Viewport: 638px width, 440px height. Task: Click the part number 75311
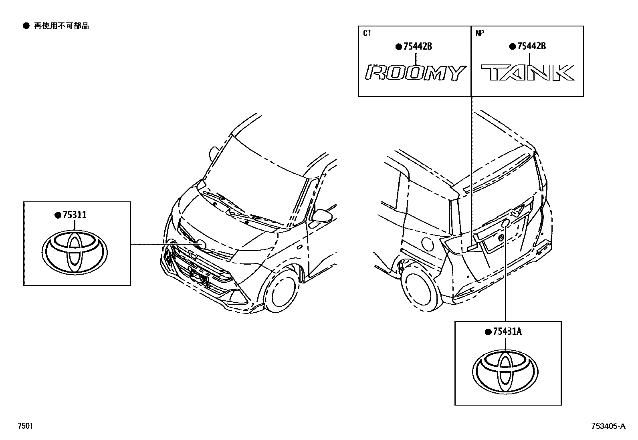click(x=74, y=215)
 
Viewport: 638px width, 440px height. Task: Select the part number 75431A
click(x=507, y=332)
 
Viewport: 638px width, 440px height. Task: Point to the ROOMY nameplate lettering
click(x=414, y=73)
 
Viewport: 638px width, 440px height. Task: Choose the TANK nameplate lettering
click(x=528, y=73)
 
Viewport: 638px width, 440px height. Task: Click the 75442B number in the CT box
click(x=418, y=46)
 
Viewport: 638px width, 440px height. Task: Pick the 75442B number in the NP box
click(x=531, y=46)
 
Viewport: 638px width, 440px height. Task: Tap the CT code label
click(x=367, y=33)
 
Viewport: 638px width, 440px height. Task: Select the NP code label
click(x=480, y=33)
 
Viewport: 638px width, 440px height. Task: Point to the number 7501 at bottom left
click(x=25, y=426)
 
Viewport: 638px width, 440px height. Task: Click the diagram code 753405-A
click(x=607, y=426)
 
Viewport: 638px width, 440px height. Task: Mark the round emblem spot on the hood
click(x=201, y=245)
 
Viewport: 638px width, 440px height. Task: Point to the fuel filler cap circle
click(x=427, y=244)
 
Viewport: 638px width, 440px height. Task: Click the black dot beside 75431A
click(x=488, y=332)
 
